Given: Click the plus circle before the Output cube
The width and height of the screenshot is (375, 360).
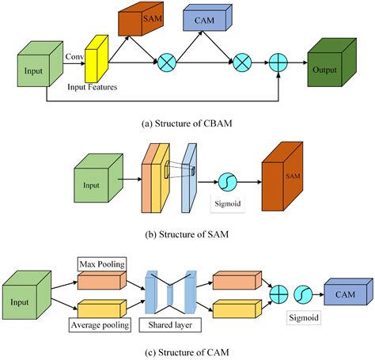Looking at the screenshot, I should click(x=278, y=61).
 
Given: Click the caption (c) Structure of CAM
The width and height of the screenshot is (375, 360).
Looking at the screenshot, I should click(x=187, y=351).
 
